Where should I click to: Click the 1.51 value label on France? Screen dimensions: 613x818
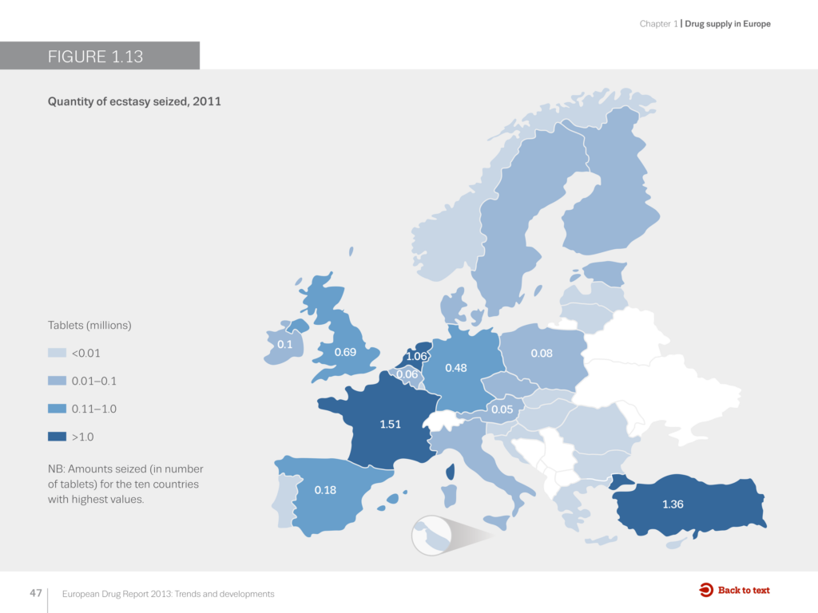390,424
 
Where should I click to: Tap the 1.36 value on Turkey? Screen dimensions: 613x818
673,504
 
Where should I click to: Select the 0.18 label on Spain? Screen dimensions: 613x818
325,490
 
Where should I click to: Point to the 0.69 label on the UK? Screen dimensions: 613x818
345,351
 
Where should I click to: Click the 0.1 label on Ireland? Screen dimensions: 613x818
284,344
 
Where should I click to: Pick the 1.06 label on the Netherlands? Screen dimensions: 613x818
417,356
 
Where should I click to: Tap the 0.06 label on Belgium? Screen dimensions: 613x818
407,374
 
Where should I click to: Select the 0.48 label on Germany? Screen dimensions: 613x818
456,367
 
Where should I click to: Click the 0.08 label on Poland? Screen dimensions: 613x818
542,353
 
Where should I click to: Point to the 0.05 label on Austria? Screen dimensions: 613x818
502,409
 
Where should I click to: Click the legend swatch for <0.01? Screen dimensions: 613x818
57,353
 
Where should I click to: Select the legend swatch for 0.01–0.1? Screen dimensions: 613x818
57,381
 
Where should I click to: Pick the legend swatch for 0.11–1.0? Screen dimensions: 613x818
57,409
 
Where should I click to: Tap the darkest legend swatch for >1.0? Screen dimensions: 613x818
57,437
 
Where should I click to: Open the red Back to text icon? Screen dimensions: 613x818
706,590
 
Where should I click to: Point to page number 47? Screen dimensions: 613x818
35,593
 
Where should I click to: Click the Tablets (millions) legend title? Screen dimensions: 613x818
89,326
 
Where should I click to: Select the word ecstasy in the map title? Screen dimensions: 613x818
126,101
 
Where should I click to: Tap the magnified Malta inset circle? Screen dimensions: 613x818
434,536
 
